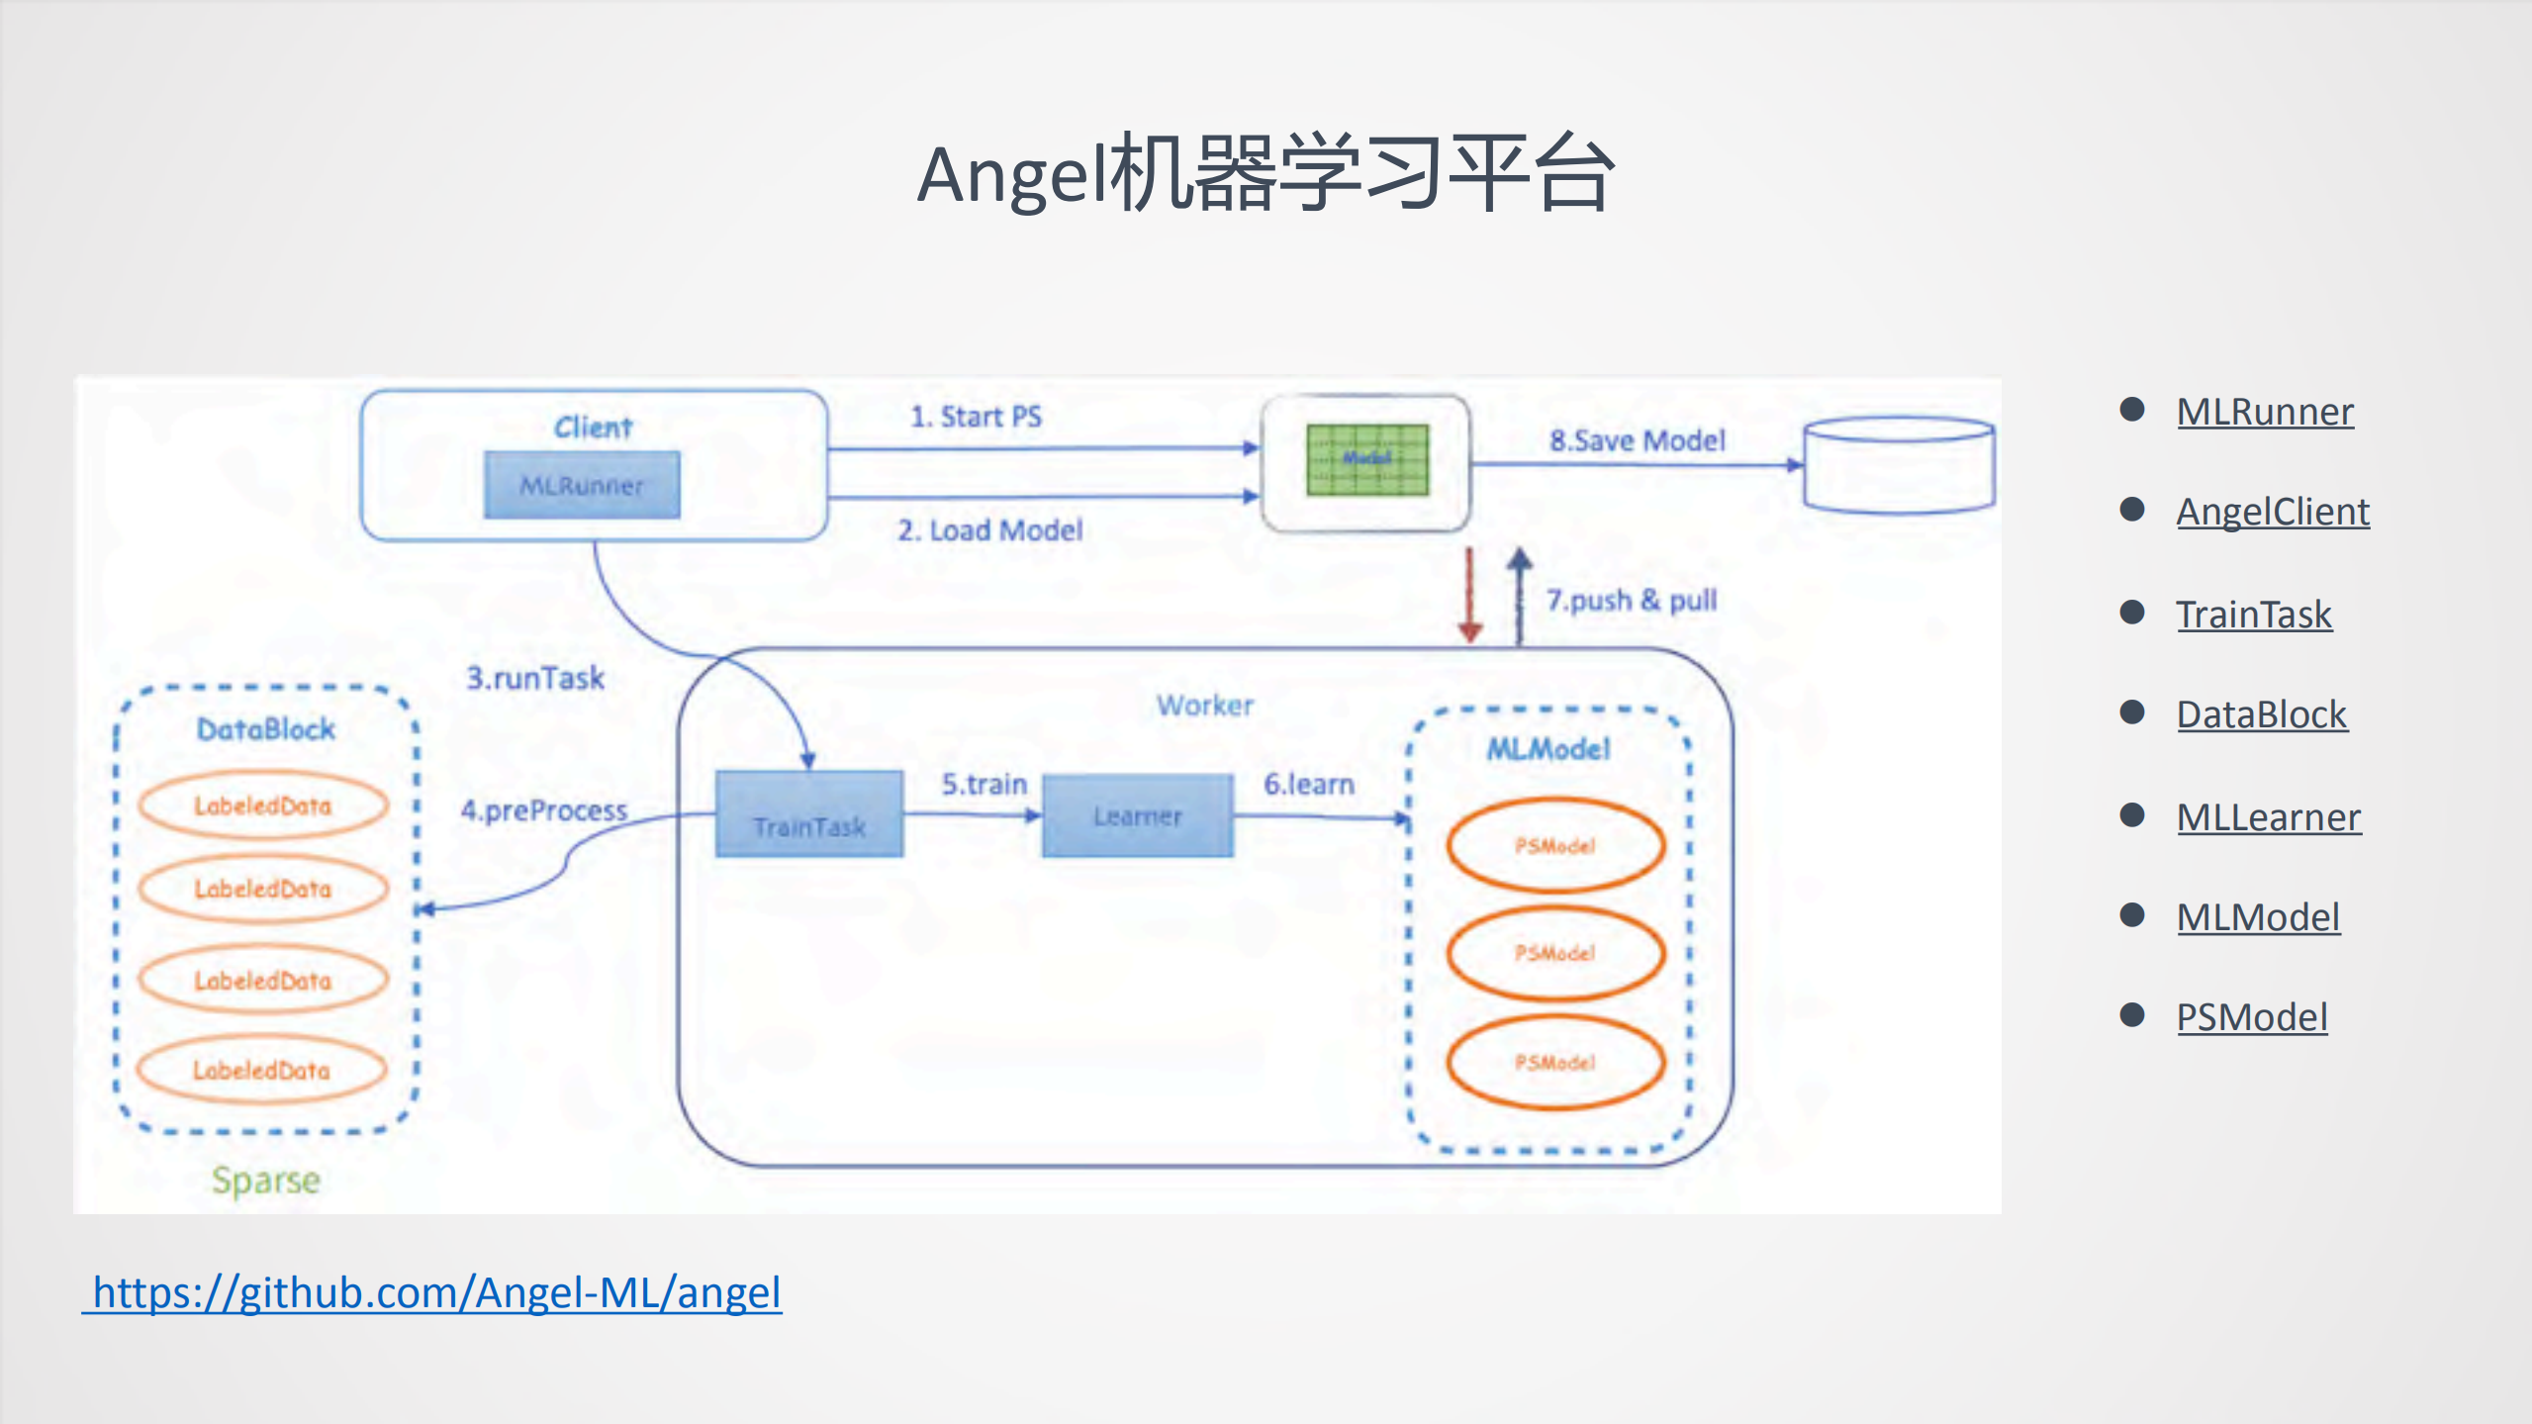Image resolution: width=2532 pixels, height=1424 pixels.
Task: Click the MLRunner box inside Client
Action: click(582, 485)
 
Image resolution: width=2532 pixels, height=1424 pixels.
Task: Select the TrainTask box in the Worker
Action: click(809, 814)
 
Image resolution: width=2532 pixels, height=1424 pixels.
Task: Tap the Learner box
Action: click(1138, 815)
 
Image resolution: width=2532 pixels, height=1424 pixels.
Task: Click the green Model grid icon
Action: click(1367, 459)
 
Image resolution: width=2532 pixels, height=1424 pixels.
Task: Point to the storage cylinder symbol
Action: click(1899, 465)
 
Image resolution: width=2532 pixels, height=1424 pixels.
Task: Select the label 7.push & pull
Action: click(1632, 600)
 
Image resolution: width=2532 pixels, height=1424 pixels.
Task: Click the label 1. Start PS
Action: click(976, 417)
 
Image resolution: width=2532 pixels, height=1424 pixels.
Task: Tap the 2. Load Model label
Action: click(990, 530)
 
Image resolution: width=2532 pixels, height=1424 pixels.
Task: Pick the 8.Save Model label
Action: click(1638, 440)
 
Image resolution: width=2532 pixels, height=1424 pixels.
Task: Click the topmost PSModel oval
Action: click(1555, 845)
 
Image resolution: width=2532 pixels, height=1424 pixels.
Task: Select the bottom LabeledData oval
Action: click(262, 1070)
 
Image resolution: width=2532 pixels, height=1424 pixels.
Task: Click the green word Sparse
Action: click(266, 1180)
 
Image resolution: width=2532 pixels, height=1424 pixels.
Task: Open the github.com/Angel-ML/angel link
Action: click(435, 1292)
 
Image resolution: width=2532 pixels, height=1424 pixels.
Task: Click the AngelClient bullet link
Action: click(2273, 512)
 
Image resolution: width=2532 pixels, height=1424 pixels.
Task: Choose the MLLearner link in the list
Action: click(2268, 817)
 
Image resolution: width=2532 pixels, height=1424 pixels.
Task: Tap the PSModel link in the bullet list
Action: click(2252, 1017)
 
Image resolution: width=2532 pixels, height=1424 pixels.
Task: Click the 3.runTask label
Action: click(535, 678)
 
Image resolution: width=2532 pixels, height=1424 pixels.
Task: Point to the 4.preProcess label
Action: click(544, 810)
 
